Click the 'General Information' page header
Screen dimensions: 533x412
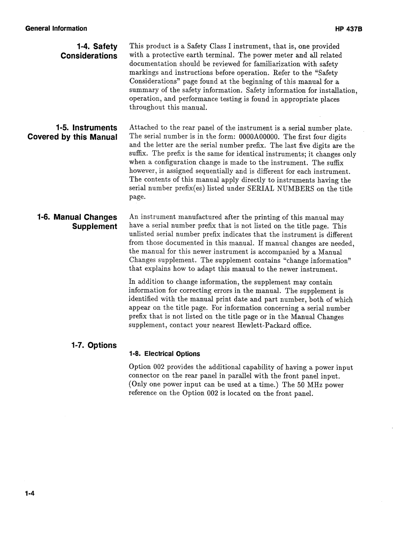[x=56, y=29]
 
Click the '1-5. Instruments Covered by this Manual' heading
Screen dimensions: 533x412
[x=72, y=132]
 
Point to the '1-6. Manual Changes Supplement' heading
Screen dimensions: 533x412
[x=77, y=222]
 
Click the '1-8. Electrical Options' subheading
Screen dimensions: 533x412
[x=164, y=354]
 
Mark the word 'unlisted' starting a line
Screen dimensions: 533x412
[x=141, y=235]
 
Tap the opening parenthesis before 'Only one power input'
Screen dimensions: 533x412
[x=130, y=385]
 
